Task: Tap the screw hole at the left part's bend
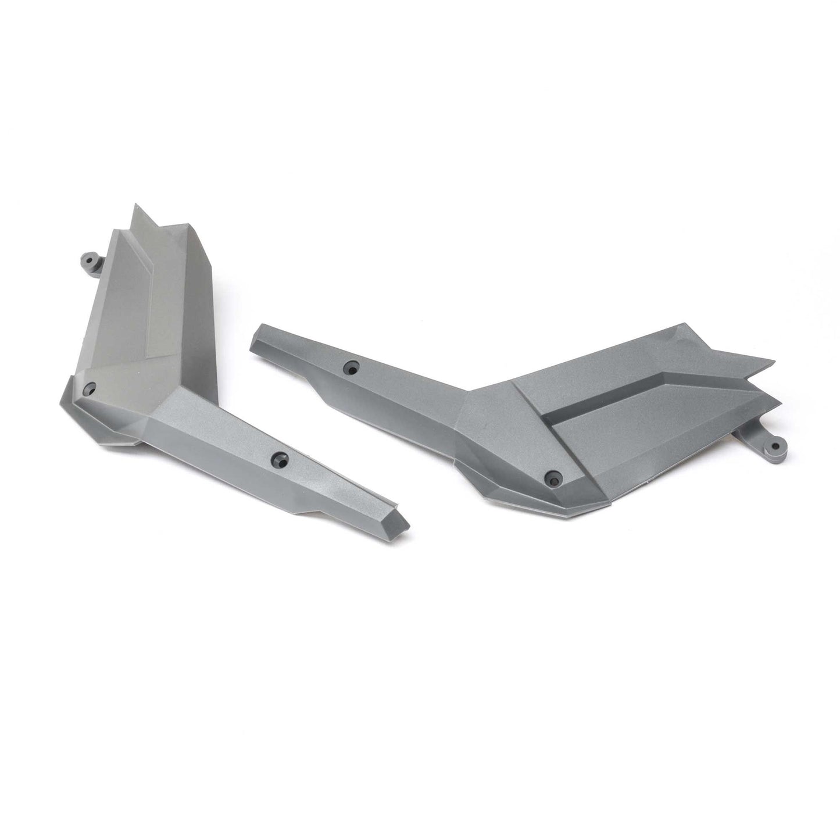pyautogui.click(x=89, y=388)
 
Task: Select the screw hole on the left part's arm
pyautogui.click(x=282, y=457)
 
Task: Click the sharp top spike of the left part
pyautogui.click(x=137, y=208)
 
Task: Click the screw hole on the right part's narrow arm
pyautogui.click(x=351, y=367)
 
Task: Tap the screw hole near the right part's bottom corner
pyautogui.click(x=551, y=478)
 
